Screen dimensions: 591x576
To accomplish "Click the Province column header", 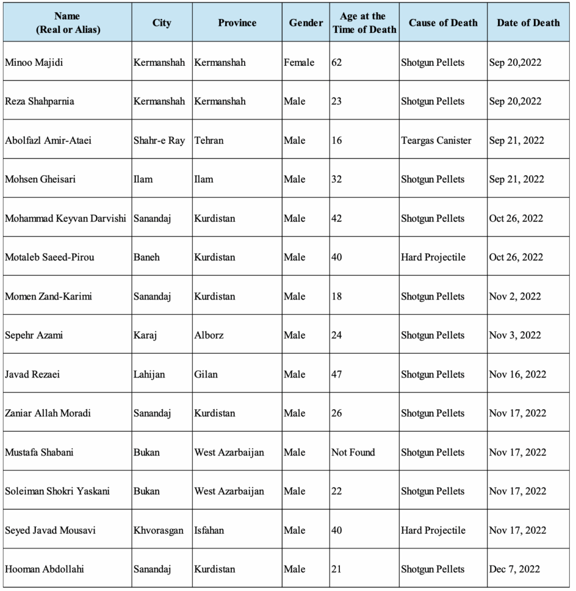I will point(237,23).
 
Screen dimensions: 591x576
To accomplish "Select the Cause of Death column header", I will point(443,23).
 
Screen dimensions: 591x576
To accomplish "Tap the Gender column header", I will point(305,23).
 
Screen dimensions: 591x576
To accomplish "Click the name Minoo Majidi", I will point(34,62).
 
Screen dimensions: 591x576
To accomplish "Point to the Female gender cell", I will point(299,62).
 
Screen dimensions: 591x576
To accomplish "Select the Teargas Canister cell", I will point(436,140).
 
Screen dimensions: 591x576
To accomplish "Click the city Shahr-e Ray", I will point(159,140).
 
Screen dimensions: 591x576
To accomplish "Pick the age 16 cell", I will point(336,140).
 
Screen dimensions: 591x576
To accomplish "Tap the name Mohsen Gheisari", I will point(40,179).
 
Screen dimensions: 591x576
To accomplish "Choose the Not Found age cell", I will point(353,452).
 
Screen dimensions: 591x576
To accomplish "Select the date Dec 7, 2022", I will point(514,569).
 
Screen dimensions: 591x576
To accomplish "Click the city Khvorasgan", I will point(159,530).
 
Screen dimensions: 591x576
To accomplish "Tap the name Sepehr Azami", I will point(34,335).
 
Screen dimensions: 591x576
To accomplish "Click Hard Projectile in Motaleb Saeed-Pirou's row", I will point(433,257).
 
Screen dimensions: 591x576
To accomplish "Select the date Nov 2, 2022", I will point(515,297).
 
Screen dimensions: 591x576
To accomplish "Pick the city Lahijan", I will point(149,375).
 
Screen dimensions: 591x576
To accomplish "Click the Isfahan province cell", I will point(209,530).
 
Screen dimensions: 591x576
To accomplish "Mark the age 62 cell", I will point(336,62).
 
